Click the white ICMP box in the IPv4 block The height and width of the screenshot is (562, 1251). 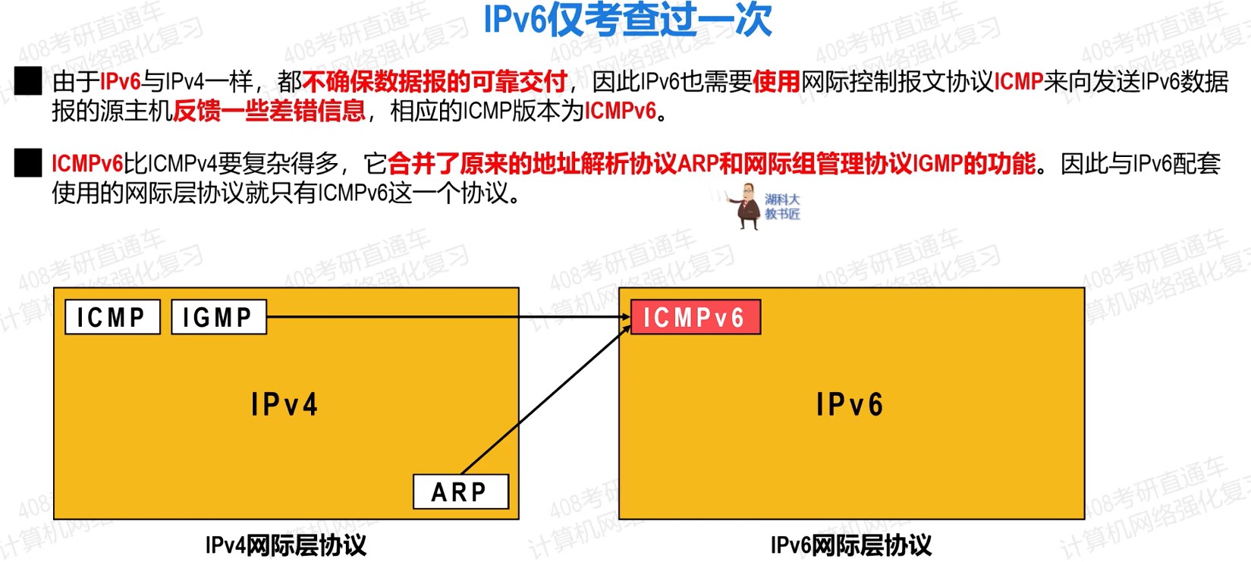tap(112, 317)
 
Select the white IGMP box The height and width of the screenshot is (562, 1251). tap(219, 317)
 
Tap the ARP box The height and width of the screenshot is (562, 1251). tap(460, 491)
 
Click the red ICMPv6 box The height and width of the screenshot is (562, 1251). tap(696, 317)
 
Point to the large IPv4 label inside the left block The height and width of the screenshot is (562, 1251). tap(284, 404)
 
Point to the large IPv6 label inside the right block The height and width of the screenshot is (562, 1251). tap(850, 404)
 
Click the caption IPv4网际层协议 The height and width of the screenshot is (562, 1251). tap(286, 545)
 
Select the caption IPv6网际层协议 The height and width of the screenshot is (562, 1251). tap(851, 545)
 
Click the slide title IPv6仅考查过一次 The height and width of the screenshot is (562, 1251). tap(627, 20)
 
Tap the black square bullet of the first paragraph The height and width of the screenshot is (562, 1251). tap(28, 81)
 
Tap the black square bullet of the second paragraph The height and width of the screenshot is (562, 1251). tap(28, 163)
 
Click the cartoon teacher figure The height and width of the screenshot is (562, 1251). tap(746, 206)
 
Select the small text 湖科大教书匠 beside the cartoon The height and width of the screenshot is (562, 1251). tap(782, 206)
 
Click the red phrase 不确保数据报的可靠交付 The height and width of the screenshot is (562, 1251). tap(435, 81)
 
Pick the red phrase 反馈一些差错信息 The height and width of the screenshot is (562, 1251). tap(269, 111)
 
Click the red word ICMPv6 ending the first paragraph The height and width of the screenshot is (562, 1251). tap(620, 111)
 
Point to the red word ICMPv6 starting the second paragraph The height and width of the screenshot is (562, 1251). tap(87, 164)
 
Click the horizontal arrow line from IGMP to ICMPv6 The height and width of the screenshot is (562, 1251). tap(449, 317)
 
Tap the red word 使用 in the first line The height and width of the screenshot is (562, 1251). tap(776, 81)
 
